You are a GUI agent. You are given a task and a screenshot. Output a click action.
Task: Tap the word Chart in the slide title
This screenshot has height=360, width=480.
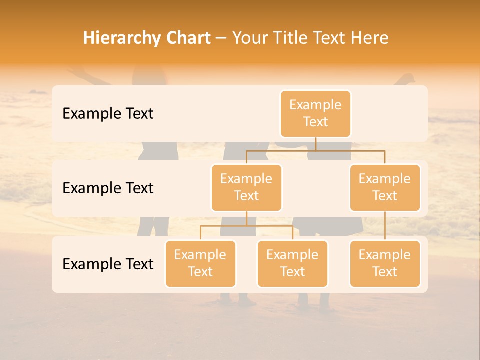tap(188, 38)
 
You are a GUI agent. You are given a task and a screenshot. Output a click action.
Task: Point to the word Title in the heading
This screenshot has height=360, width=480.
tap(292, 38)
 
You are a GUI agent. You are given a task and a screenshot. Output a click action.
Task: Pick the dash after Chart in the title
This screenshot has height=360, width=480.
tap(221, 39)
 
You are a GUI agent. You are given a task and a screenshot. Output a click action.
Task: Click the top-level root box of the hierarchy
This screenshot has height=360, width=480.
tap(315, 113)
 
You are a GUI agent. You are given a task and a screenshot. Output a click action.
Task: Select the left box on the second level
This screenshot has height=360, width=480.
tap(246, 187)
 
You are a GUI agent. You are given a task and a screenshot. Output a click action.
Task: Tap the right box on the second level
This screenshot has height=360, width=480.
tap(385, 187)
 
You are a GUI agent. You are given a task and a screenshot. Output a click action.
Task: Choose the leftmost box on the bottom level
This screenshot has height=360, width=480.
tap(200, 263)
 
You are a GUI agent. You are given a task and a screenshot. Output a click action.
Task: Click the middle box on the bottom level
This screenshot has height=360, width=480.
tap(292, 263)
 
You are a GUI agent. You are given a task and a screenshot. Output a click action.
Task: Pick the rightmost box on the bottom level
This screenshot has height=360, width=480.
tap(385, 263)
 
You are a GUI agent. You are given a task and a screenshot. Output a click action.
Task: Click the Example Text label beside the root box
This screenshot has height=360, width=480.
tap(108, 113)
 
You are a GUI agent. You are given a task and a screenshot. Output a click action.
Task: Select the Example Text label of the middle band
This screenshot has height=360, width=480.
tap(108, 188)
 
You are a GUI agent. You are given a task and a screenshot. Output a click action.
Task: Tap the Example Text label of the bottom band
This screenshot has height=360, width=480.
tap(108, 264)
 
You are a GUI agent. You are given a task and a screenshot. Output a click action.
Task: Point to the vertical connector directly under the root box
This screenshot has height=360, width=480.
tap(315, 144)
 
